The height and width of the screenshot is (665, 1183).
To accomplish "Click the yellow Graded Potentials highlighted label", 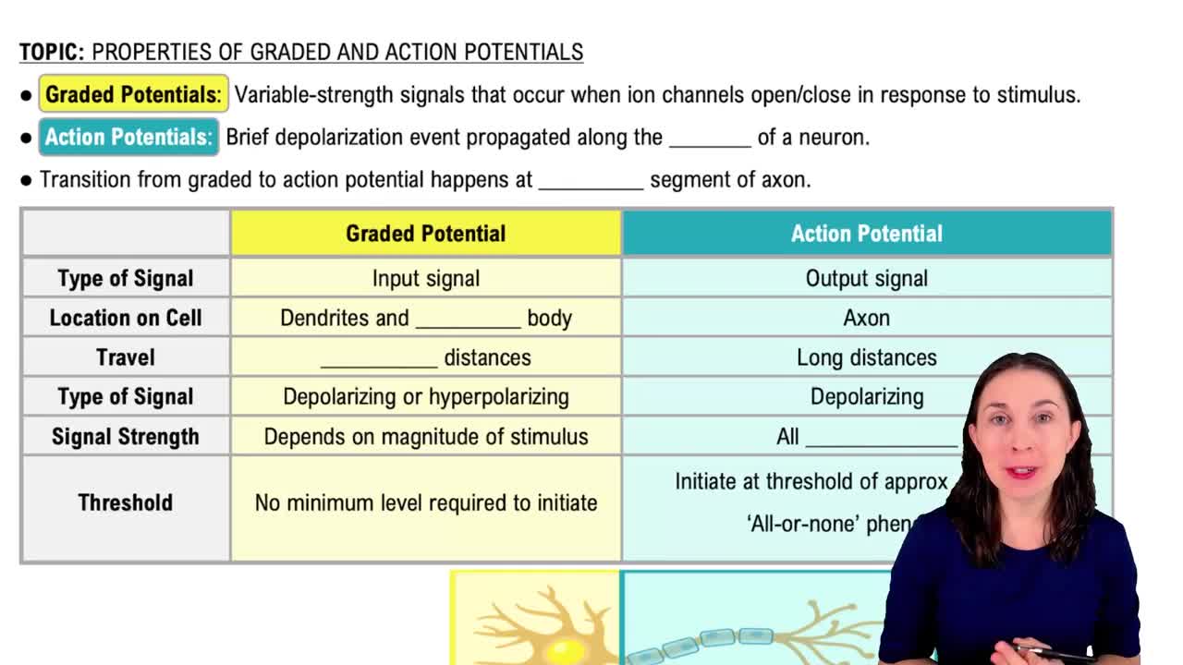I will point(133,95).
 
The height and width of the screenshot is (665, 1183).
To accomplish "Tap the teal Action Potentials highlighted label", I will point(128,138).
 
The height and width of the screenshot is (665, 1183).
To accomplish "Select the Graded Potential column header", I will point(425,234).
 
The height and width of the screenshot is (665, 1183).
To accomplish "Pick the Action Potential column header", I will point(866,234).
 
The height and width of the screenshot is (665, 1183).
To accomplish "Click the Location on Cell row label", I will point(125,318).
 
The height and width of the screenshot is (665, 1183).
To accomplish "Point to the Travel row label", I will point(125,357).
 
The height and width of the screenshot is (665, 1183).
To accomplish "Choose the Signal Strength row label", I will point(125,437).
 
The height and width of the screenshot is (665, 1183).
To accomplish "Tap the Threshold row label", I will point(125,502).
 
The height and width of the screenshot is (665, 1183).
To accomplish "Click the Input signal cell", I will point(425,278).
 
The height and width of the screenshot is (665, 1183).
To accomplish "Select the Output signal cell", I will point(866,278).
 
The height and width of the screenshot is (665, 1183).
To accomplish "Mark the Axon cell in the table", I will point(866,318).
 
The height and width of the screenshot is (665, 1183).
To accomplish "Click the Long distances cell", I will point(866,357).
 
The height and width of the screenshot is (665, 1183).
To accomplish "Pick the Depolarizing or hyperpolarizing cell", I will point(425,397).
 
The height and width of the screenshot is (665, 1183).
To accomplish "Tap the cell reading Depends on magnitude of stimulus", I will point(425,437).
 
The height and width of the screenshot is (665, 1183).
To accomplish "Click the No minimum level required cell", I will point(425,502).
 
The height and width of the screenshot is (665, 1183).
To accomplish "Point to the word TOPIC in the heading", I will point(52,53).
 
